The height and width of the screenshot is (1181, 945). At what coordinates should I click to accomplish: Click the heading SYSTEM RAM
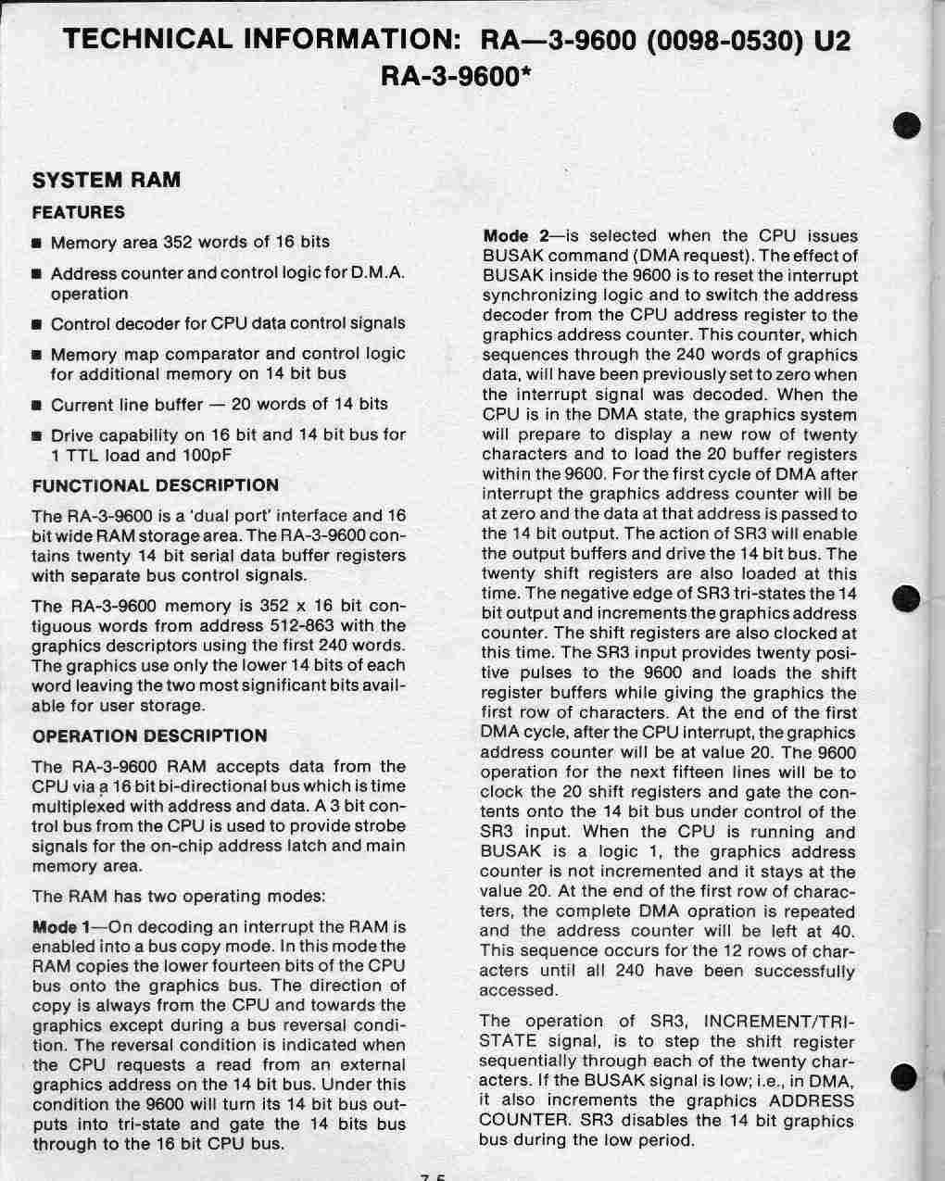(107, 180)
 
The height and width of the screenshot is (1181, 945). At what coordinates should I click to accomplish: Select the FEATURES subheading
(79, 212)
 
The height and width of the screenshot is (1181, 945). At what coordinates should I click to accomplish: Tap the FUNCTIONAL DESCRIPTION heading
(156, 485)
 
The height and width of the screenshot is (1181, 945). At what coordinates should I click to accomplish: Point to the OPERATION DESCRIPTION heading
(150, 736)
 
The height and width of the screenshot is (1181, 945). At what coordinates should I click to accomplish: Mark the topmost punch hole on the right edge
(909, 125)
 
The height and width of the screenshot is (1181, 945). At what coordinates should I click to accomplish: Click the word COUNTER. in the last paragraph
(519, 1120)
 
